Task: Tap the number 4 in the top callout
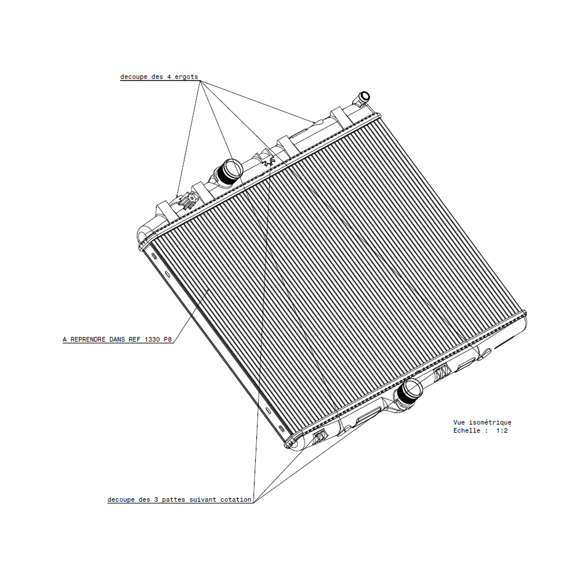tap(168, 77)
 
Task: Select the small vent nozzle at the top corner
tap(364, 96)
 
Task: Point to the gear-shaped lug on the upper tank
tap(189, 201)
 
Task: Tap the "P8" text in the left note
tap(168, 340)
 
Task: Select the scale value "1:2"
tap(502, 431)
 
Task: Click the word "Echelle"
tap(467, 431)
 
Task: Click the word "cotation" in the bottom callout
tap(236, 499)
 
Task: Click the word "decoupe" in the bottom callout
tap(121, 499)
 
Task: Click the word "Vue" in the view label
tap(459, 423)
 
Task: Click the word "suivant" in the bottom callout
tap(204, 499)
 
